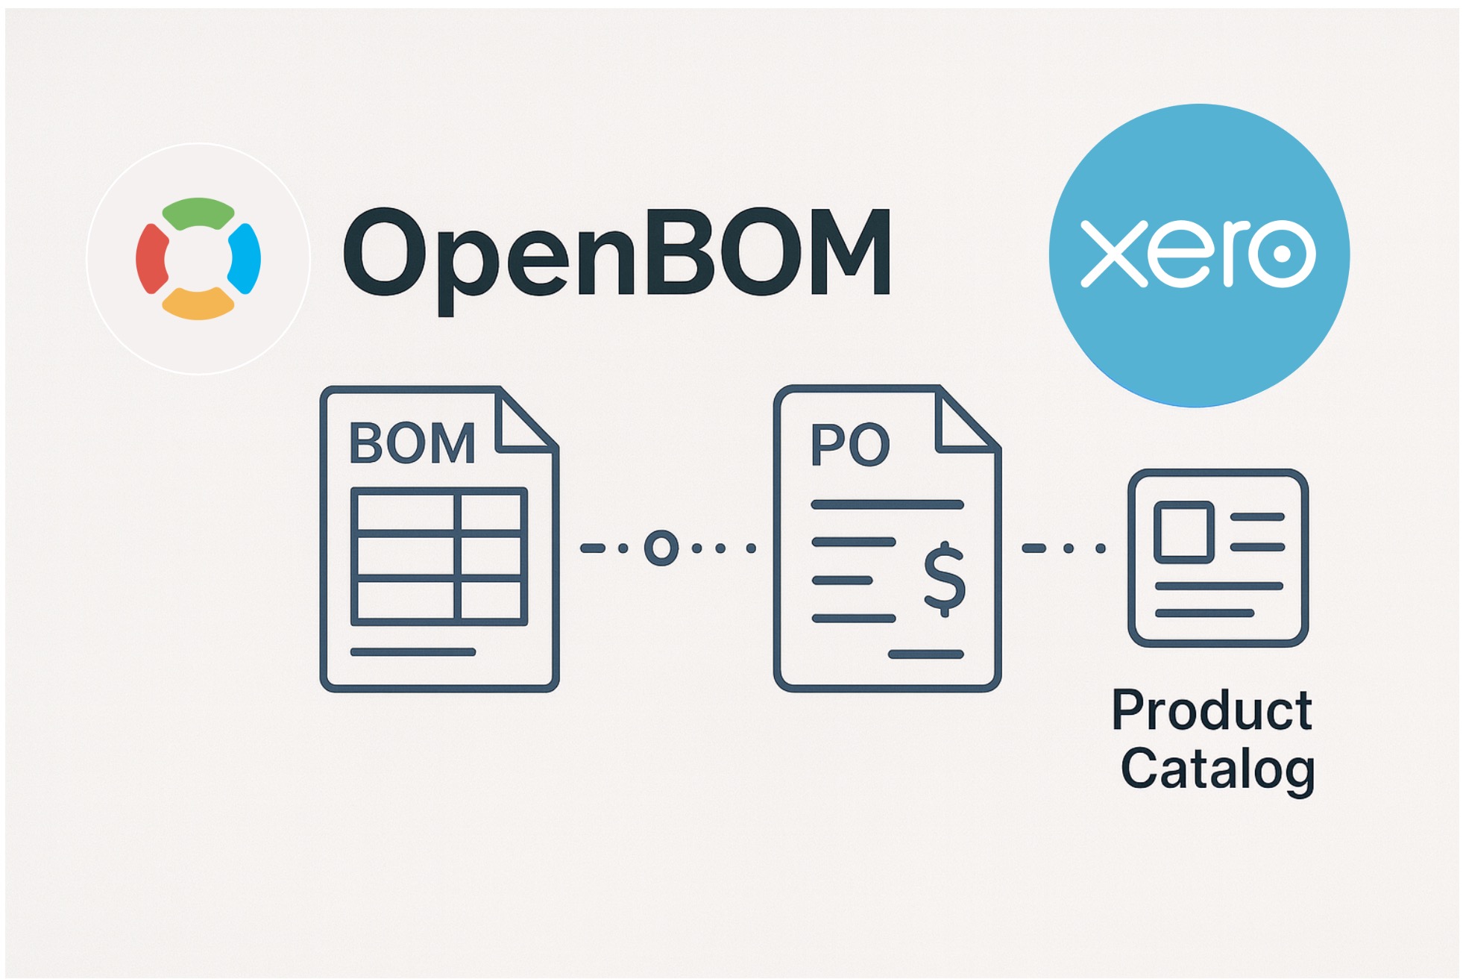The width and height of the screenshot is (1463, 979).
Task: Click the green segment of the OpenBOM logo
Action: [198, 213]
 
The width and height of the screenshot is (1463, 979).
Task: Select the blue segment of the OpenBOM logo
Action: [245, 258]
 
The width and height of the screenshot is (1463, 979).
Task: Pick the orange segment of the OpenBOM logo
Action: [198, 304]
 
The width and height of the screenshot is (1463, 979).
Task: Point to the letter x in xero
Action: [1113, 254]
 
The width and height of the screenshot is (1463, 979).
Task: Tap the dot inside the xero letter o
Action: [1282, 254]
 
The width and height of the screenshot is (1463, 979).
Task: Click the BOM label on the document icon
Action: [412, 443]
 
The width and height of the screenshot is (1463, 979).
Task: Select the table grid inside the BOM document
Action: [438, 556]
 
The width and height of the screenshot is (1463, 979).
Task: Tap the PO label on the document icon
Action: [850, 445]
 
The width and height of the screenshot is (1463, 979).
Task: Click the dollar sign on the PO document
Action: [944, 578]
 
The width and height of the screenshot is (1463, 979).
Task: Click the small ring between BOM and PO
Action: [661, 548]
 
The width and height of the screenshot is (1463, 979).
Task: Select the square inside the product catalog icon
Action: [1183, 531]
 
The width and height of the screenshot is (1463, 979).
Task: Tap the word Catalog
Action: [1217, 769]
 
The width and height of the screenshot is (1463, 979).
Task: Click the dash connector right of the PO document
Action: [1033, 548]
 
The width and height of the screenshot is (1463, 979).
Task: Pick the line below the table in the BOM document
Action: [412, 652]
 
